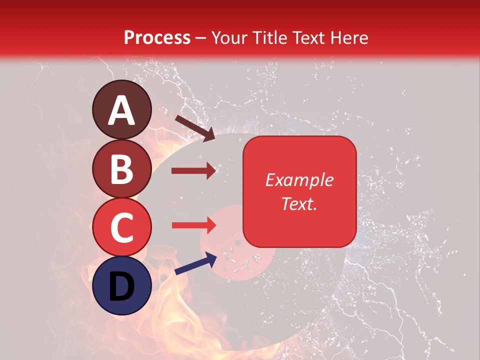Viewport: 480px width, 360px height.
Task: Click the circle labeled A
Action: (x=122, y=109)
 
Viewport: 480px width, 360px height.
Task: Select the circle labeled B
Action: (x=122, y=169)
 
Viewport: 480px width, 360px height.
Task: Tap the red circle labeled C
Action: (x=122, y=227)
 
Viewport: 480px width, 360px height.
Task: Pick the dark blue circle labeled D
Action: (x=122, y=286)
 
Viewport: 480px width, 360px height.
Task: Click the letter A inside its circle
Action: (x=122, y=110)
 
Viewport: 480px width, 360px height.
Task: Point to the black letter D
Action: (x=122, y=287)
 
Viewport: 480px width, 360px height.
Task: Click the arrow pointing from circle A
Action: (x=195, y=127)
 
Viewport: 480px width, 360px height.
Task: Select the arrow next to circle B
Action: (x=193, y=171)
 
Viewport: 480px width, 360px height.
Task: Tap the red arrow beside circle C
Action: (x=193, y=225)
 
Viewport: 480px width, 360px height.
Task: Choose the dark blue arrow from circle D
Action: (x=195, y=263)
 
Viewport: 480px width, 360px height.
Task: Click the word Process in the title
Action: (x=157, y=37)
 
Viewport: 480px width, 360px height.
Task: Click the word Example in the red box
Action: (x=299, y=180)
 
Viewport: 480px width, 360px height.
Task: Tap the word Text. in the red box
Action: (x=299, y=203)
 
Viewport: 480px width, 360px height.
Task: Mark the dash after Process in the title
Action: (x=201, y=38)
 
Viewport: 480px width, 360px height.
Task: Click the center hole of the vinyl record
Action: (x=238, y=243)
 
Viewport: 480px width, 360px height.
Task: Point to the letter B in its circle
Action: (x=122, y=169)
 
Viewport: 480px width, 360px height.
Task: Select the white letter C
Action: (x=122, y=228)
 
